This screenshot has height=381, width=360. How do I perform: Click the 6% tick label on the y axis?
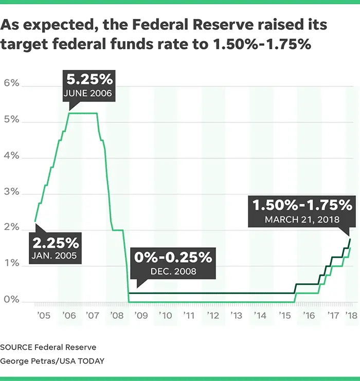coord(12,83)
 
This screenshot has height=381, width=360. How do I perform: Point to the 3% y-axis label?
coord(12,192)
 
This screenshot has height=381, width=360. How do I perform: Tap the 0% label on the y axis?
coord(12,300)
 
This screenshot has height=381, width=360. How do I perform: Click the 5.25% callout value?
coord(91,81)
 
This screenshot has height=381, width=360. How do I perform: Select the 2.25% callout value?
coord(57,242)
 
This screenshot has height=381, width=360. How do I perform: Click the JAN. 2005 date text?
coord(57,256)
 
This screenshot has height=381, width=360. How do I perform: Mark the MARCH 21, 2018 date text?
coord(302,220)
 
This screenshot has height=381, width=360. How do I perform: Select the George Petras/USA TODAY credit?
coord(52,361)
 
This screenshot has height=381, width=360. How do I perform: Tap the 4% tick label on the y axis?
coord(12,155)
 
